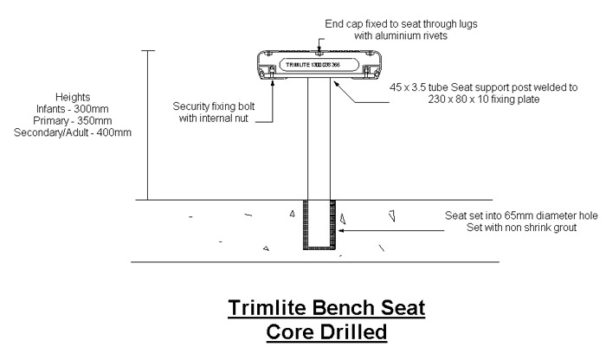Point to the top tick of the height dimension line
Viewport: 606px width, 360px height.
149,51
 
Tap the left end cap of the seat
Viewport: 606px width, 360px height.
269,65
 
